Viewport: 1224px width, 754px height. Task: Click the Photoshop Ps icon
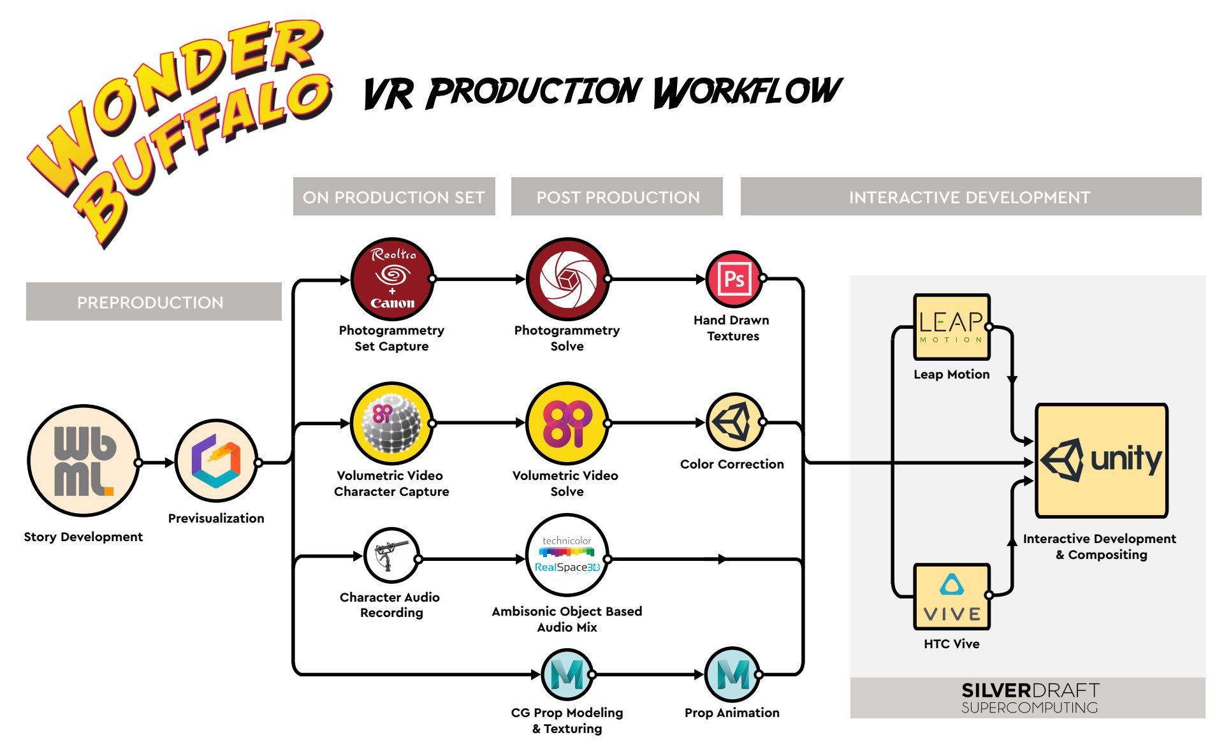[x=734, y=279]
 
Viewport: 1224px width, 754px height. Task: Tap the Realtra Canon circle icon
[x=392, y=279]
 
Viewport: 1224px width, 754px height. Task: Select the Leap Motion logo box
[x=951, y=327]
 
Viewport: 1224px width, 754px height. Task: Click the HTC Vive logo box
[x=952, y=597]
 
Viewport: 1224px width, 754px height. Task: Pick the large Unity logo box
[x=1101, y=460]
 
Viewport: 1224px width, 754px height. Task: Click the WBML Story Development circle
[x=84, y=461]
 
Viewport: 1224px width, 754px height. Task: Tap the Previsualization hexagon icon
[x=216, y=461]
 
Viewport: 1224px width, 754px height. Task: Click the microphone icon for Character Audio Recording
[x=391, y=555]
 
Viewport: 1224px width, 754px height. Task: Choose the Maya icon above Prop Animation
[x=732, y=674]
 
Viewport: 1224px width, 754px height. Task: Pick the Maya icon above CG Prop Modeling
[x=567, y=674]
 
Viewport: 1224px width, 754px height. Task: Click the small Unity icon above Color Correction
[x=734, y=422]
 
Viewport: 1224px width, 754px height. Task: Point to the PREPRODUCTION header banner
[x=154, y=301]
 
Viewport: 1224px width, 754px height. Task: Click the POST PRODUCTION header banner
[x=617, y=197]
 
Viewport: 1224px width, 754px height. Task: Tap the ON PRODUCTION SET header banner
[x=394, y=197]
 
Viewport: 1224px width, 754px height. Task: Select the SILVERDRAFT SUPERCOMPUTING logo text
[x=1029, y=698]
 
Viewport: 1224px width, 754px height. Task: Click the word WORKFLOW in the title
[x=747, y=92]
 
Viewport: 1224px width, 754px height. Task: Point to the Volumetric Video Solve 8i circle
[x=567, y=423]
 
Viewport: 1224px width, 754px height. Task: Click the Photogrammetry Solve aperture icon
[x=567, y=279]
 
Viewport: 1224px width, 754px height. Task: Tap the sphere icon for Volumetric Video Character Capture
[x=392, y=423]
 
